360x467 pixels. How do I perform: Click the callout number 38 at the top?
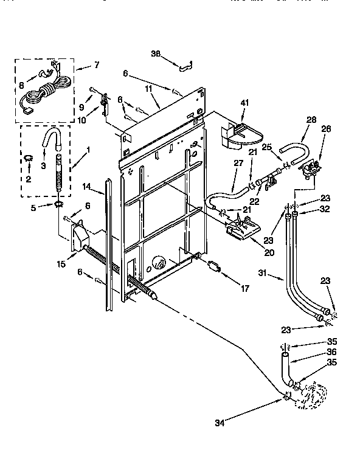[x=155, y=54]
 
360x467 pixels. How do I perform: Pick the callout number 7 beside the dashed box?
[x=96, y=64]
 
